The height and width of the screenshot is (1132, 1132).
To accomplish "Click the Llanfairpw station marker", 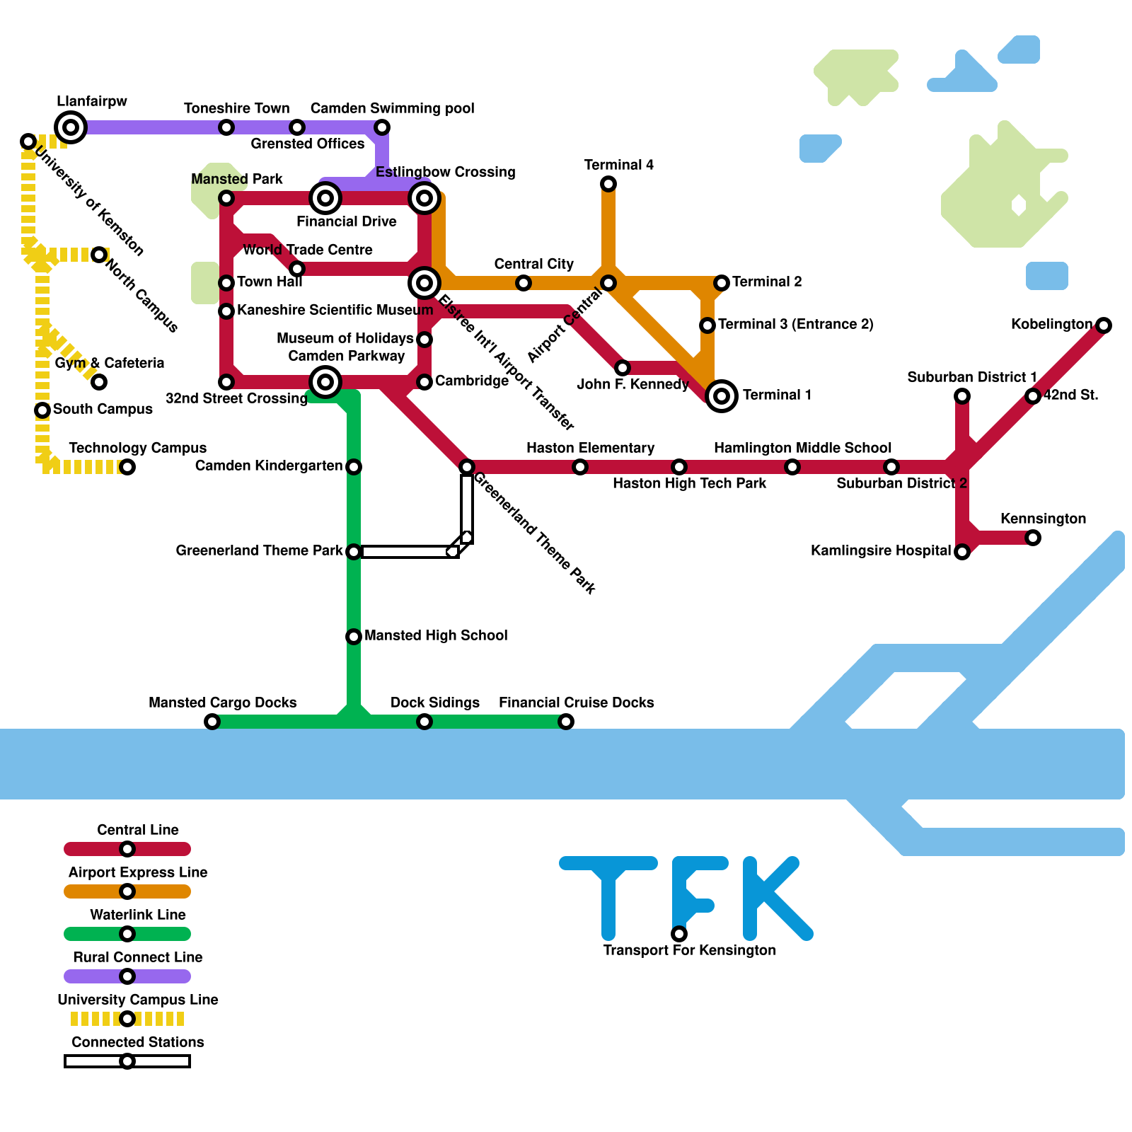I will pyautogui.click(x=71, y=127).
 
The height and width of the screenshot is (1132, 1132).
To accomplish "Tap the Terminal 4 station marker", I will pyautogui.click(x=608, y=184).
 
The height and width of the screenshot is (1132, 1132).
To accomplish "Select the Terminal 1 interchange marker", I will pyautogui.click(x=722, y=396).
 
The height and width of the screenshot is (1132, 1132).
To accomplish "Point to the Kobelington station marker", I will pyautogui.click(x=1104, y=325).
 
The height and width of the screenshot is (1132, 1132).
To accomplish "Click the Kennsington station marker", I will pyautogui.click(x=1033, y=538).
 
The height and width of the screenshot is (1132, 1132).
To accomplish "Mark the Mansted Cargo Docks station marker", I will pyautogui.click(x=212, y=722).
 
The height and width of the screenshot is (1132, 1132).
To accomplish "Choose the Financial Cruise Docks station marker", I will pyautogui.click(x=566, y=722).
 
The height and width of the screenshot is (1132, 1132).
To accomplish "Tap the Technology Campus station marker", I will pyautogui.click(x=127, y=467).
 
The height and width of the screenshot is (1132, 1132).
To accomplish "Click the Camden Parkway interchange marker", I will pyautogui.click(x=325, y=382).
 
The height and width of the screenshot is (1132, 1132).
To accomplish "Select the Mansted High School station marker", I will pyautogui.click(x=354, y=637).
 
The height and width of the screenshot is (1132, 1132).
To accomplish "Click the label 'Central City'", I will pyautogui.click(x=533, y=265).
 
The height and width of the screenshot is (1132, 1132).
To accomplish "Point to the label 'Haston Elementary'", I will pyautogui.click(x=590, y=449).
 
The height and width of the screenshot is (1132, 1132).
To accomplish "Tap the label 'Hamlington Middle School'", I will pyautogui.click(x=802, y=449).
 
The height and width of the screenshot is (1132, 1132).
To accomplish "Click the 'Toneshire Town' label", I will pyautogui.click(x=236, y=109).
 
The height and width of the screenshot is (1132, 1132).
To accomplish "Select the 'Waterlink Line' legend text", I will pyautogui.click(x=137, y=915).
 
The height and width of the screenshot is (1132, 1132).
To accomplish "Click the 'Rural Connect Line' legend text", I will pyautogui.click(x=137, y=957).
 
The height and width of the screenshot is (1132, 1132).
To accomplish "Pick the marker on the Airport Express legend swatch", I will pyautogui.click(x=127, y=891).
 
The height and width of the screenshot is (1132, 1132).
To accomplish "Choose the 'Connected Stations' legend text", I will pyautogui.click(x=137, y=1042).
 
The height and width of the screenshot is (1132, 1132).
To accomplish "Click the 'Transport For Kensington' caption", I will pyautogui.click(x=689, y=951).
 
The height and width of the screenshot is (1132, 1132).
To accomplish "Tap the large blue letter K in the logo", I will pyautogui.click(x=775, y=899).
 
